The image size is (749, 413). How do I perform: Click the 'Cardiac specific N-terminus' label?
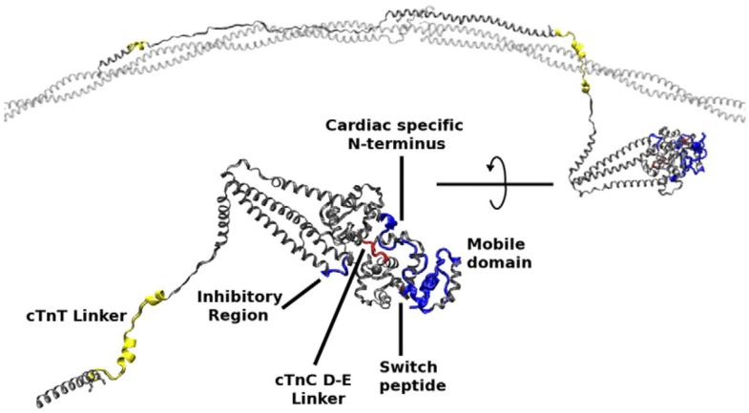tap(401, 134)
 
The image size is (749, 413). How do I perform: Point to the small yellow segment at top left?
tap(136, 46)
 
